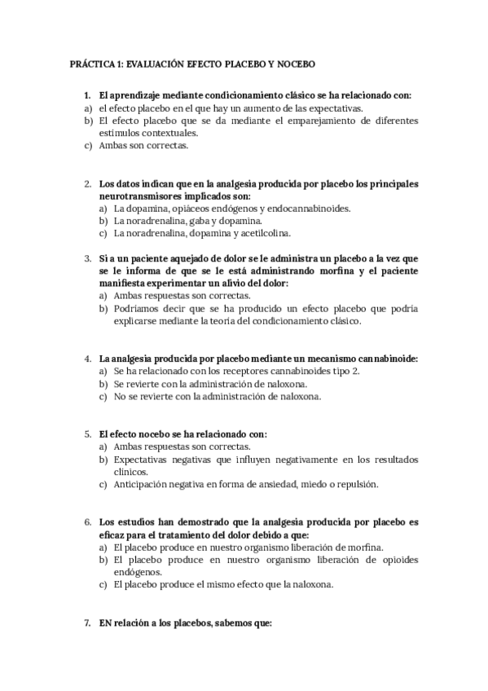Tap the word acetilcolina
(x=263, y=233)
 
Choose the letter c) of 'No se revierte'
(x=103, y=397)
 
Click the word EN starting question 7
(x=104, y=623)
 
